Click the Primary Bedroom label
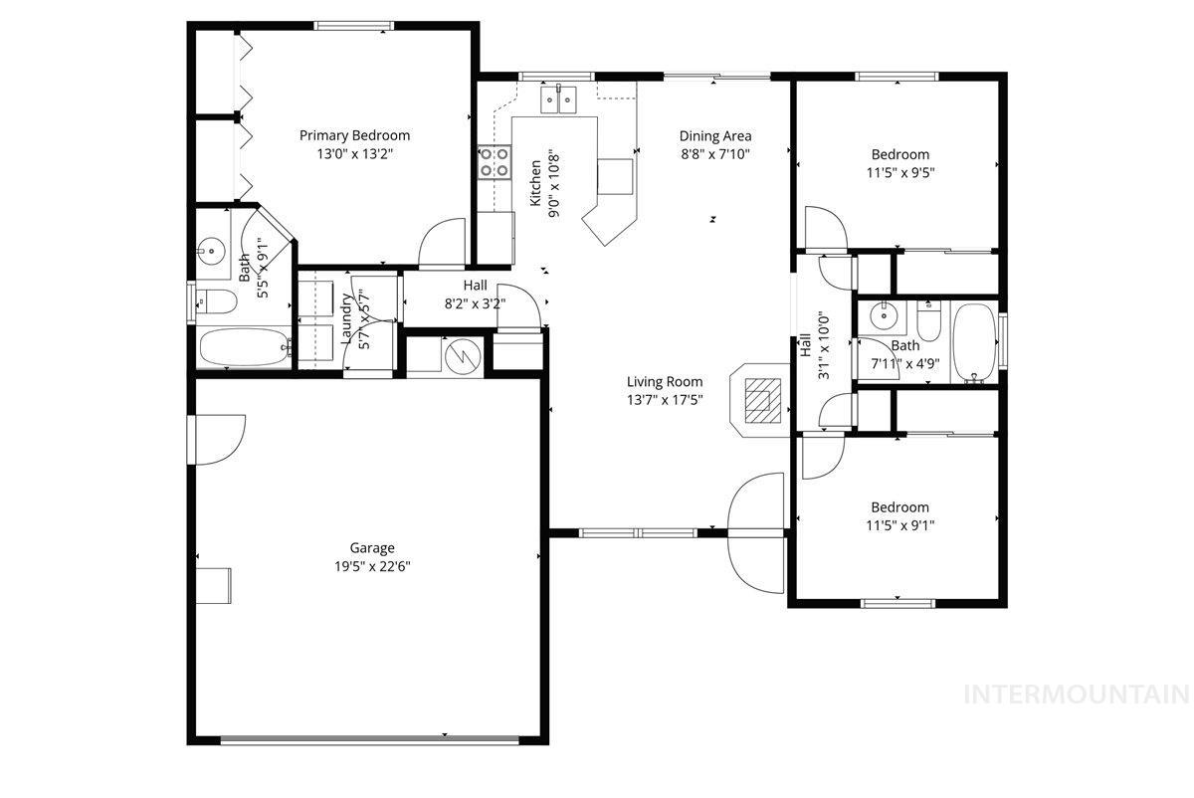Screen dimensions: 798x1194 point(354,135)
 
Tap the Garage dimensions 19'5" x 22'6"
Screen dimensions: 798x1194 point(371,566)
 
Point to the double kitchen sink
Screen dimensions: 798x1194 point(560,100)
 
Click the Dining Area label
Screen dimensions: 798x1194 point(714,136)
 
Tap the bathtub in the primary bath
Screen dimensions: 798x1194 point(244,348)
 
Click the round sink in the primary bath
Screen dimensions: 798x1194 point(211,250)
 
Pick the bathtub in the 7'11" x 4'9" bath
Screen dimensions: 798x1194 point(974,343)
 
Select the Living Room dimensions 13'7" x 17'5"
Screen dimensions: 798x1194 point(664,400)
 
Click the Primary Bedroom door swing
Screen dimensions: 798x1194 point(441,244)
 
